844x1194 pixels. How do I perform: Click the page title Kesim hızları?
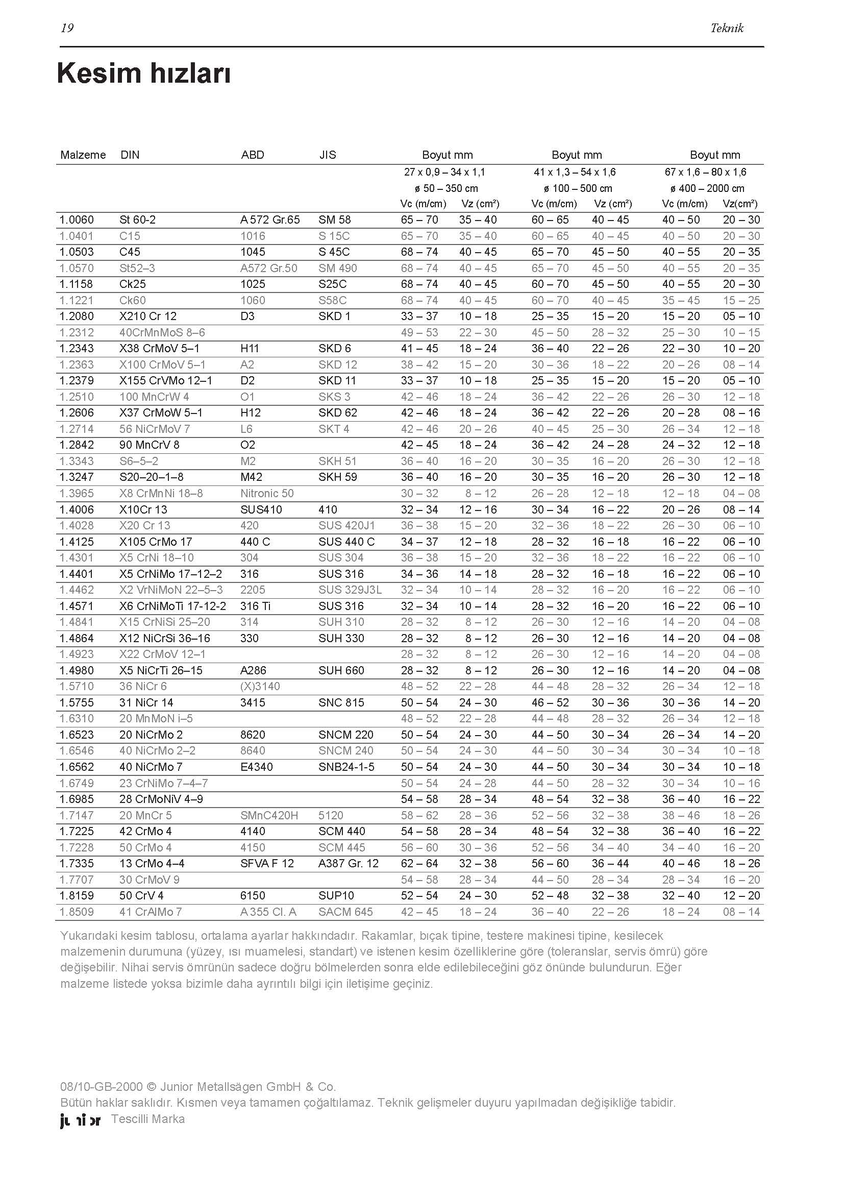point(143,74)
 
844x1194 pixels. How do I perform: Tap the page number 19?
point(67,28)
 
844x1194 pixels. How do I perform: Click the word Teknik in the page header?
point(727,28)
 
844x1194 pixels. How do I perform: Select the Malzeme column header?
point(83,155)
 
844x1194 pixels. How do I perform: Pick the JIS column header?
point(328,155)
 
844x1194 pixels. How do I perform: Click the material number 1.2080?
point(77,316)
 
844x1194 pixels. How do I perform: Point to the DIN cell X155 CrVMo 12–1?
point(166,381)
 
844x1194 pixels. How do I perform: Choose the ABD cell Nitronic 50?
point(266,494)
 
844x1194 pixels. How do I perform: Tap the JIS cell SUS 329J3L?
point(350,590)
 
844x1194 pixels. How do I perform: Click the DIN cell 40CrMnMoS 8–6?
point(162,332)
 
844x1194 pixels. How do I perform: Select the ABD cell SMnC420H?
point(269,815)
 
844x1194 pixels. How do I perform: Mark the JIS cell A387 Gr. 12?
point(348,864)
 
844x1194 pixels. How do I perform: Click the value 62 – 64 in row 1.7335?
point(419,864)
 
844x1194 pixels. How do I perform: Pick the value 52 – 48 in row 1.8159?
point(550,895)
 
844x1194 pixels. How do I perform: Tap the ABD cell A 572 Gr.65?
point(270,220)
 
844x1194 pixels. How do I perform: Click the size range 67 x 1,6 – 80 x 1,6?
point(705,172)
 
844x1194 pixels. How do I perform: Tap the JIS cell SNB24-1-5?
point(346,767)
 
